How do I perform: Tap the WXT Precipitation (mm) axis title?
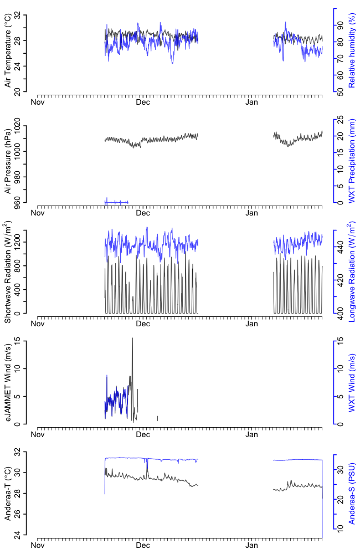click(351, 161)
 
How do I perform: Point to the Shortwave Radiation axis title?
click(8, 272)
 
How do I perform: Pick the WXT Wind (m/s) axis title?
click(351, 382)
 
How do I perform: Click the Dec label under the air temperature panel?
click(143, 102)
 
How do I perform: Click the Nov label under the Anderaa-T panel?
click(38, 546)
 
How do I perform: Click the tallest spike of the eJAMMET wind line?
click(132, 338)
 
